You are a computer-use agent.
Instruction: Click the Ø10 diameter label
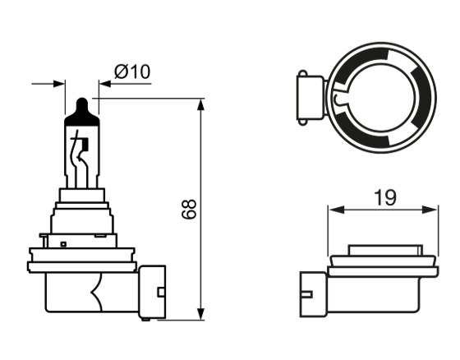tap(133, 72)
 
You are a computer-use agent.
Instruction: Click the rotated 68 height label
tap(189, 209)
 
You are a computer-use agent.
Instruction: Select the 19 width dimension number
tap(384, 197)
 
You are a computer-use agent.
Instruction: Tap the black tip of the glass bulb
tap(80, 108)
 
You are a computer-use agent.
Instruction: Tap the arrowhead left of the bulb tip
tap(59, 83)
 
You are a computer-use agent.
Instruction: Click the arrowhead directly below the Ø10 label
tap(103, 83)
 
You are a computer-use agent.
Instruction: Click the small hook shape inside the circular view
tap(338, 99)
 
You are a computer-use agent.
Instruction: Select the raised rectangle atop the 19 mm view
tap(383, 250)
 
